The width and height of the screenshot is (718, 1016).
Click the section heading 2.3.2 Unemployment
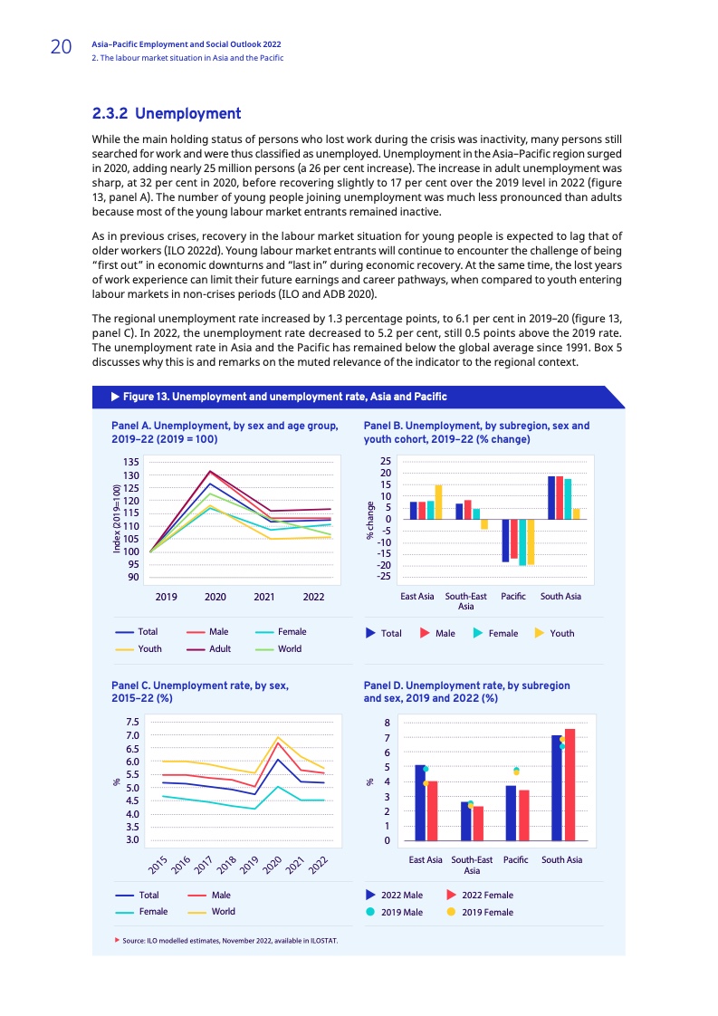(x=167, y=114)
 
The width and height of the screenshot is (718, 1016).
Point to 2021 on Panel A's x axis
(x=264, y=598)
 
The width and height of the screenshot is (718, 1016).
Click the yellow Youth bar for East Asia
(x=438, y=502)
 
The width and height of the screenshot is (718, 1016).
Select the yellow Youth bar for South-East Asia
(x=484, y=524)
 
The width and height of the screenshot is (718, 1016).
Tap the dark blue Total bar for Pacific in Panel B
(x=505, y=541)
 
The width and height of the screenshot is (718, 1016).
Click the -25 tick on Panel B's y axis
(x=384, y=577)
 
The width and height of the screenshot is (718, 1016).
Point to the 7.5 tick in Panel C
(x=132, y=723)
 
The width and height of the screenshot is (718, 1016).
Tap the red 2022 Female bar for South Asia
(x=570, y=784)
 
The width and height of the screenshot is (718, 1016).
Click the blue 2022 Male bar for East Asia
(x=420, y=802)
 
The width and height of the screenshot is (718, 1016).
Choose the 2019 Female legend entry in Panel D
(x=482, y=912)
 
